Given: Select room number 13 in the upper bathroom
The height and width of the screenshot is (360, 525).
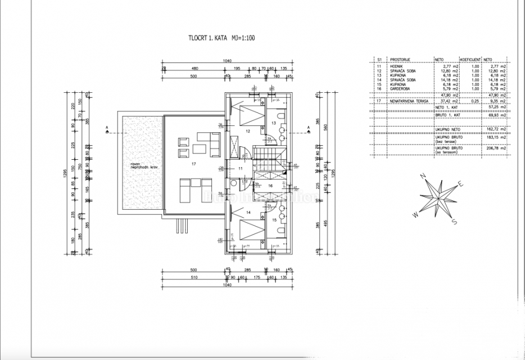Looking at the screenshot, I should tap(273, 122).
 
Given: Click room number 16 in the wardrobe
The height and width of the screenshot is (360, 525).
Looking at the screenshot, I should tap(270, 184).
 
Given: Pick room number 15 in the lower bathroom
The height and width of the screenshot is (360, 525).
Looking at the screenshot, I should tap(273, 220).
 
